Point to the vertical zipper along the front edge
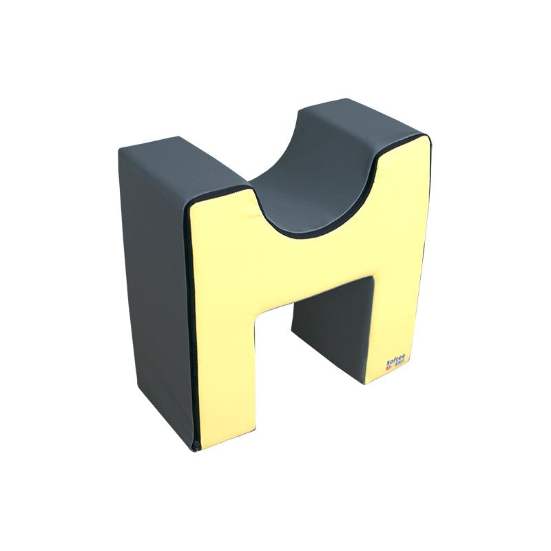[x=190, y=310]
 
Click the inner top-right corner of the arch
[x=368, y=275]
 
